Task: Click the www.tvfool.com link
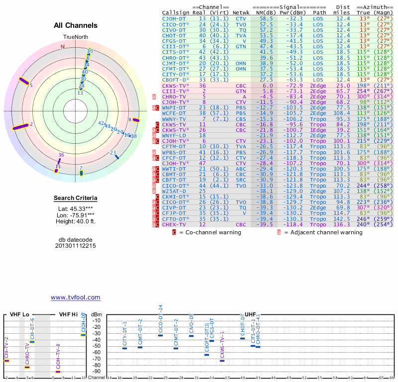76,297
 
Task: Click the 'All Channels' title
76,25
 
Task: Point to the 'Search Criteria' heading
76,198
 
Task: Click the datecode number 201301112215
76,246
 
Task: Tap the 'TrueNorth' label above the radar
75,38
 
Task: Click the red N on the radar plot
63,47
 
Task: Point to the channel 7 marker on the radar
81,173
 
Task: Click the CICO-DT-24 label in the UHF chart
160,319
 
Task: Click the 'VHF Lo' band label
20,314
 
